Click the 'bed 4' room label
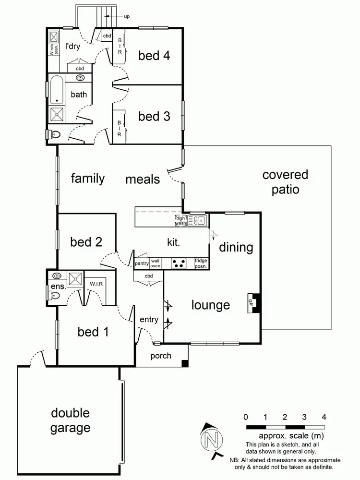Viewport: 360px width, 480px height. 154,55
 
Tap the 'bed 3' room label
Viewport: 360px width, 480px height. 154,116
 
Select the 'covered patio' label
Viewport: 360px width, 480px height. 285,182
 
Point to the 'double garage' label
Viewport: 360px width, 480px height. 70,420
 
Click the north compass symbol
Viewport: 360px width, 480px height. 212,439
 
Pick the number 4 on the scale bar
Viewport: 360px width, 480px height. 324,417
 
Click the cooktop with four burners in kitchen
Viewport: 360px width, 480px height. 180,264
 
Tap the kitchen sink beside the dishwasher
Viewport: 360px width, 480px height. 197,221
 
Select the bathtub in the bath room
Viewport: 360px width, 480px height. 56,89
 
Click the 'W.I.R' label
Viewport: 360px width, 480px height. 96,284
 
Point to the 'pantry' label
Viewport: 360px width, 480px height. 142,264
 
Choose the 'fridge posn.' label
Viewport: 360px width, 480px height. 201,264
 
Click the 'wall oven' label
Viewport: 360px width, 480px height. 155,264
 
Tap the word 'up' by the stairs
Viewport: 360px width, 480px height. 127,16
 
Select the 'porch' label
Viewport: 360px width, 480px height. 161,356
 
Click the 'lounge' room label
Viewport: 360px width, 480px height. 211,305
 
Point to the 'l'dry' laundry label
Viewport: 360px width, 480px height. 73,47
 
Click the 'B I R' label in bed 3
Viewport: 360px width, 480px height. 119,128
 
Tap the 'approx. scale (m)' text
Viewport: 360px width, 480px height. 286,436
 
